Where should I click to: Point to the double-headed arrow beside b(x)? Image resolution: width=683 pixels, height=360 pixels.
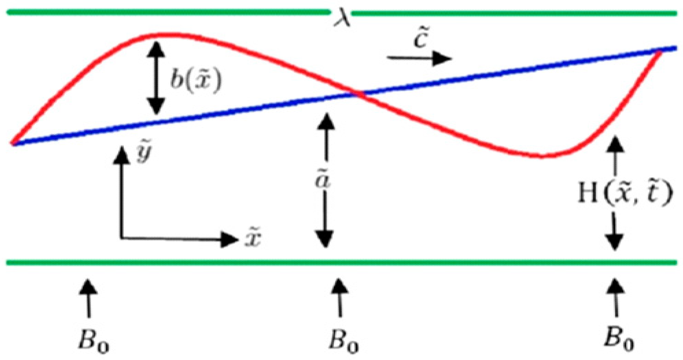156,78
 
